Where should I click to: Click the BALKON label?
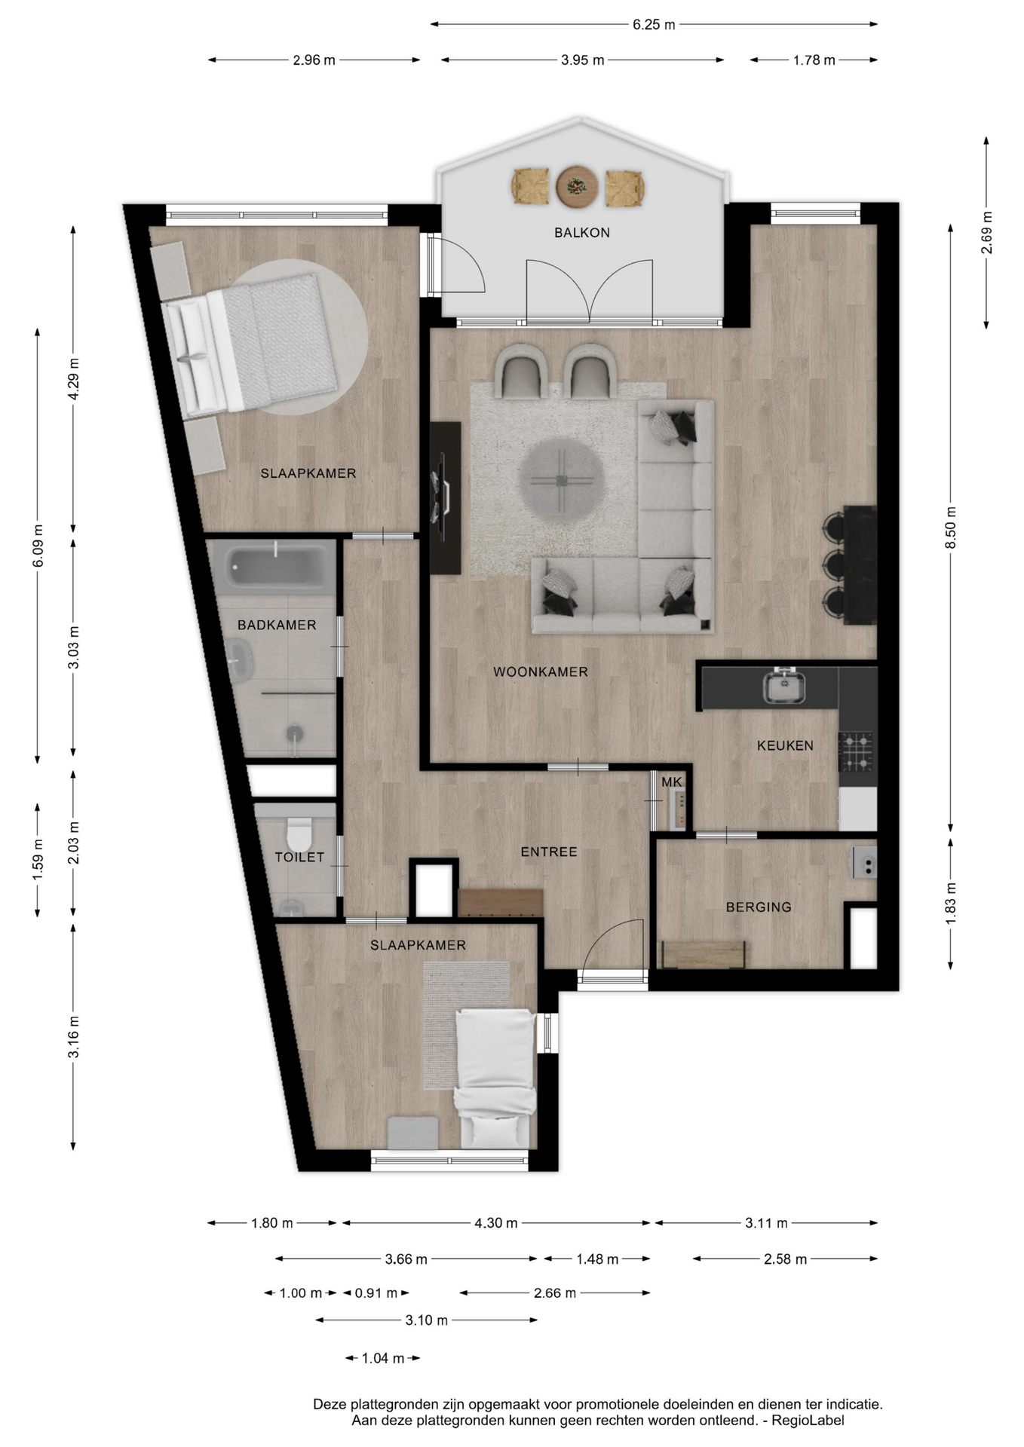581,233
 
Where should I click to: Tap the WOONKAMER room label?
540,672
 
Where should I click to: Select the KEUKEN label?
785,746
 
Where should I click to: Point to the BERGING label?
759,907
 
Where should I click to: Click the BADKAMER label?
277,626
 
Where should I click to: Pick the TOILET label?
299,858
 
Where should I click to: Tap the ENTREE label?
549,852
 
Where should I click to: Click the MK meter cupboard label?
671,782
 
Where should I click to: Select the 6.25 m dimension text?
654,25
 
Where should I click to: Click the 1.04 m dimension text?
383,1359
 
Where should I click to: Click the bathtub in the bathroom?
276,564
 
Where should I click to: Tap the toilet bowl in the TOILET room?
299,834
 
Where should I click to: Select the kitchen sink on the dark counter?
784,686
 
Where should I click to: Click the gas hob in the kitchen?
857,752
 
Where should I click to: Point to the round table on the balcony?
578,186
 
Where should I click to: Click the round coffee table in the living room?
561,481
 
